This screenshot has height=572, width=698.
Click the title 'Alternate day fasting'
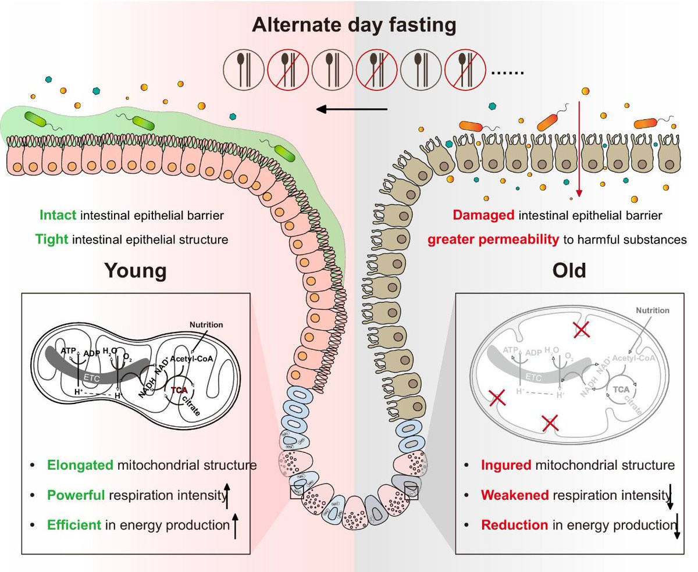(353, 26)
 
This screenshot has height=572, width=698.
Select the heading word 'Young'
(135, 271)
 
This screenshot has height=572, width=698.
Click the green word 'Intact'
(58, 215)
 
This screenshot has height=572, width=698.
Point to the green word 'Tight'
(54, 239)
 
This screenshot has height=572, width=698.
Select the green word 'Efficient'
(74, 525)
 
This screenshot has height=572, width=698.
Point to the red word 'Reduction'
(514, 525)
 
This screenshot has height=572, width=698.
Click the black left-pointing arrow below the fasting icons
(352, 109)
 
